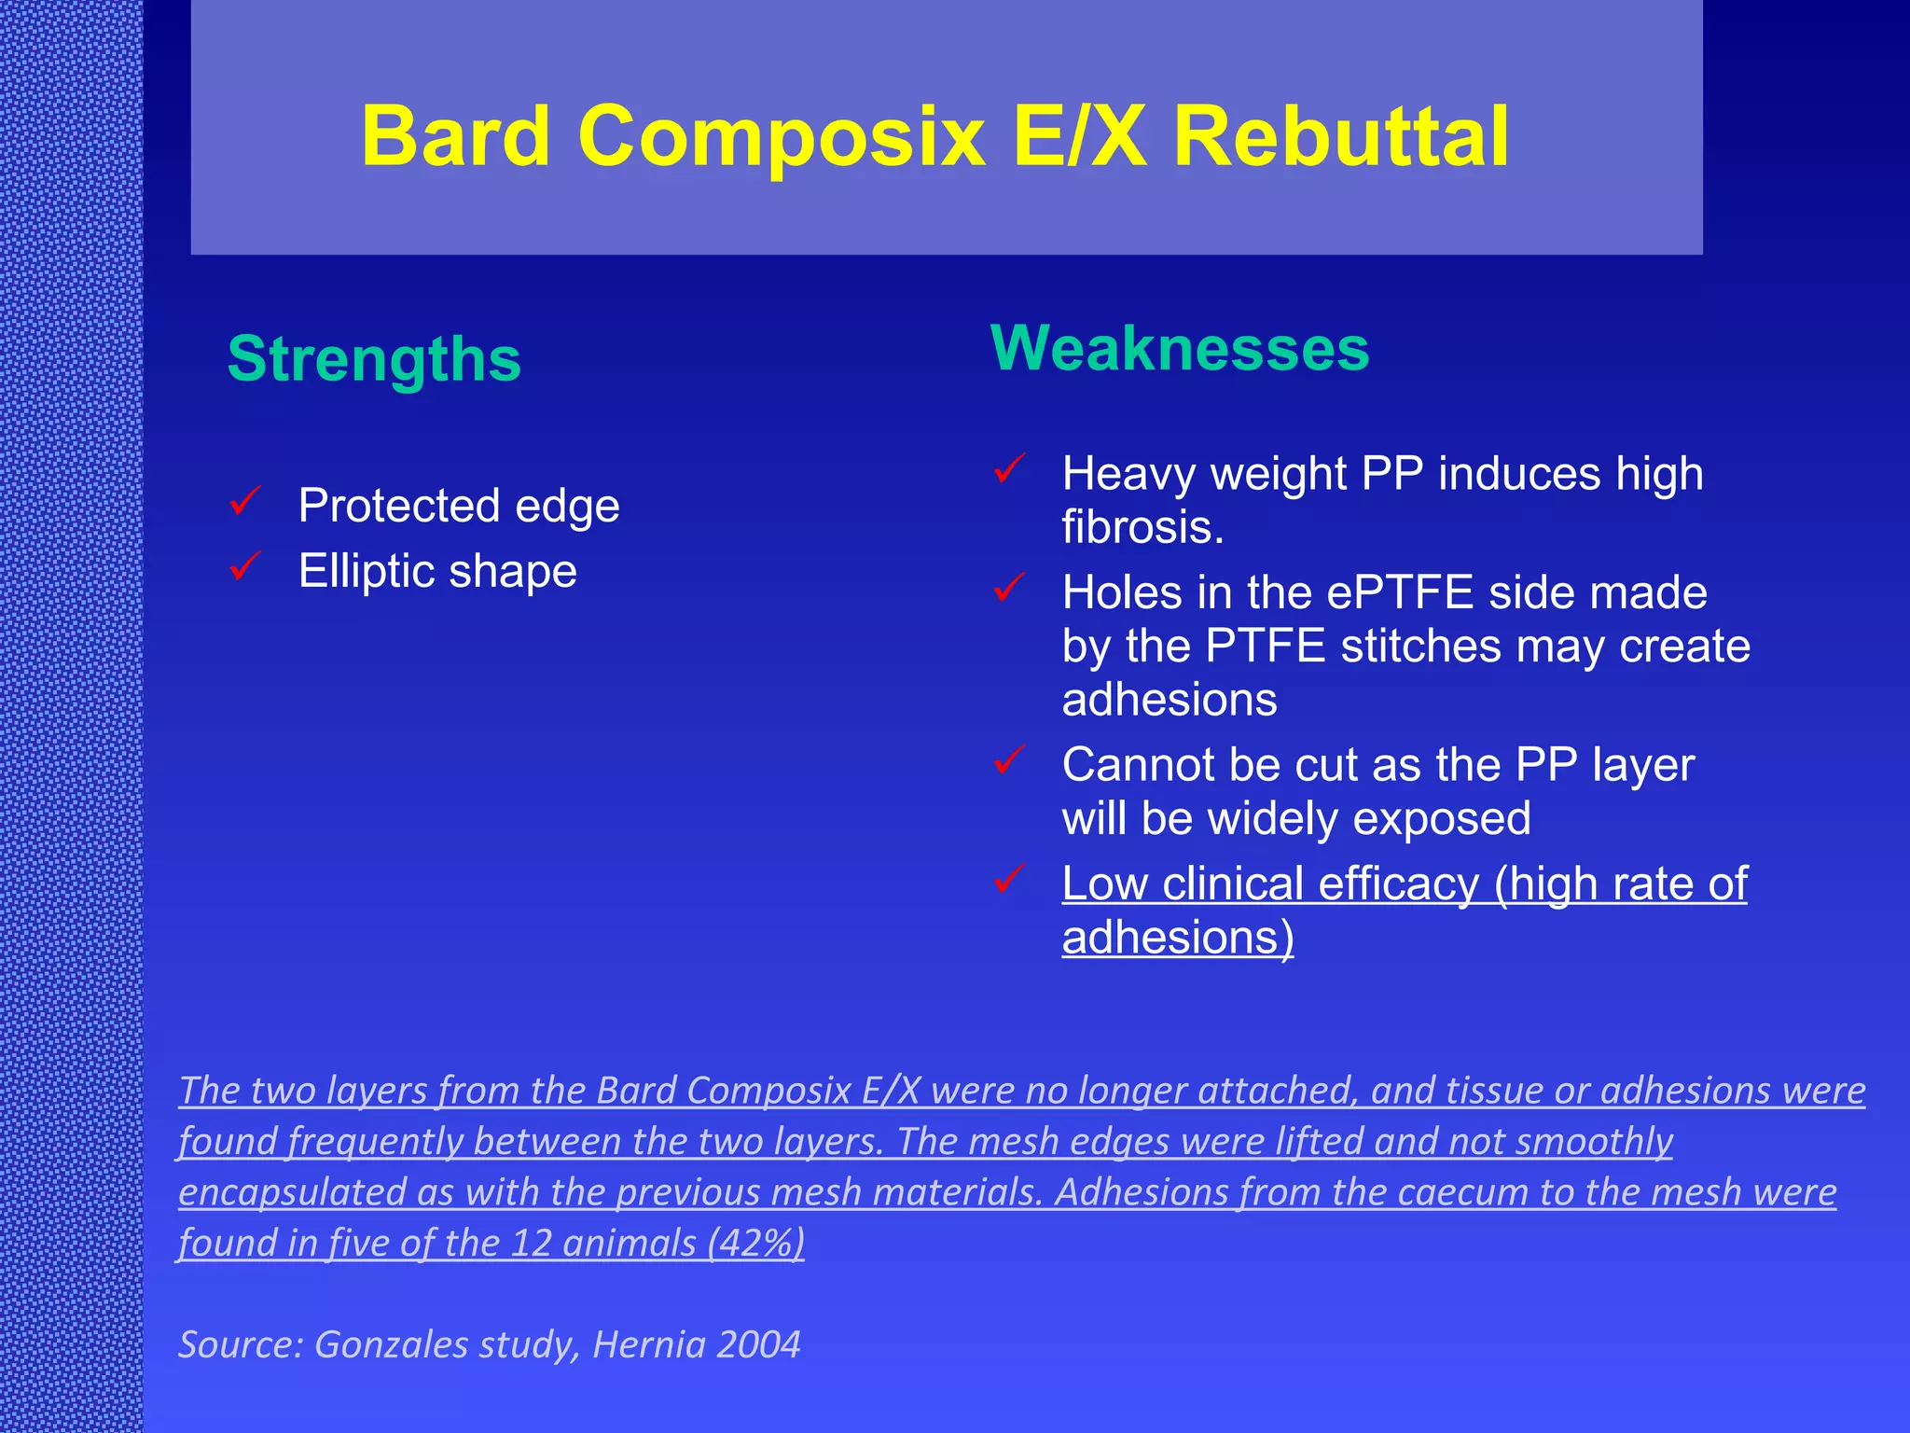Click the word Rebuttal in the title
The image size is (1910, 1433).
click(x=1340, y=137)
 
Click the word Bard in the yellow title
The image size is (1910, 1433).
click(x=455, y=137)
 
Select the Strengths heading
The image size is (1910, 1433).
click(x=374, y=359)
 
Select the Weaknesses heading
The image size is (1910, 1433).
click(x=1180, y=348)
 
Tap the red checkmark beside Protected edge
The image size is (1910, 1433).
click(x=245, y=502)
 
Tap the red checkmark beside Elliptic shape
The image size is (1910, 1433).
click(x=245, y=565)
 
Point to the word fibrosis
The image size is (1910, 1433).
click(x=1142, y=527)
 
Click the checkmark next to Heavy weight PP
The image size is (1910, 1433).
click(x=1010, y=468)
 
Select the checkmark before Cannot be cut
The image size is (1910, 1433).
click(x=1010, y=759)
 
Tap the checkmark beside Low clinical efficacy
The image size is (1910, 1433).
click(x=1010, y=878)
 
